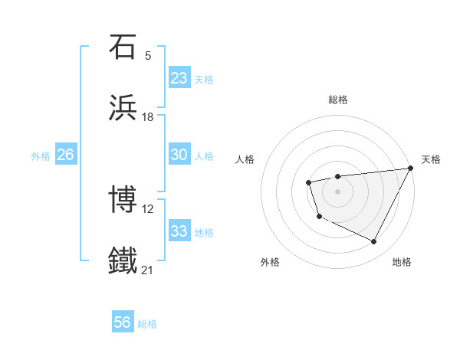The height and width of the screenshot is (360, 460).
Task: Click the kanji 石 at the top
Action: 123,47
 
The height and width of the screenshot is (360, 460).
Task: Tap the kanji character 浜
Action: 123,106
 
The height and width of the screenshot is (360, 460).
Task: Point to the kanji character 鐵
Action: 123,260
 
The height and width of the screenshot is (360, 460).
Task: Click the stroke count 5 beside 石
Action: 148,56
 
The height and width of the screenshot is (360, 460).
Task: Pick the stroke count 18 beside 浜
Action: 148,116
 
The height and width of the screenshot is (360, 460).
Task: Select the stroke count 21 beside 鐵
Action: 148,270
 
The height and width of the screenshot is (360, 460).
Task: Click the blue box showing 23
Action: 179,78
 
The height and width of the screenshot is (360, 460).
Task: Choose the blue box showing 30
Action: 179,155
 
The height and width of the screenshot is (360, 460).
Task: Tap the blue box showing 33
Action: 179,231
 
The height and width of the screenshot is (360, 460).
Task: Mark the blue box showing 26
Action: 65,155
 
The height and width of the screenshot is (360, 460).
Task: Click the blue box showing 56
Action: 123,323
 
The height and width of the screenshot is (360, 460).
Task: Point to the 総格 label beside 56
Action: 147,324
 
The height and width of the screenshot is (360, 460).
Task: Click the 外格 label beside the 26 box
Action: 41,155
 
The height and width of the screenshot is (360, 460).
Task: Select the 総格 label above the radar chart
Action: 337,100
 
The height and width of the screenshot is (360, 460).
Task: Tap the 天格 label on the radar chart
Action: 431,159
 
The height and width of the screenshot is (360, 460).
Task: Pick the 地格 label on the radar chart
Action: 402,262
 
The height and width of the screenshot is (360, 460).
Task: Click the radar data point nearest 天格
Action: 412,169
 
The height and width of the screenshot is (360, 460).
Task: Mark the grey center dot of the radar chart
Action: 337,190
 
